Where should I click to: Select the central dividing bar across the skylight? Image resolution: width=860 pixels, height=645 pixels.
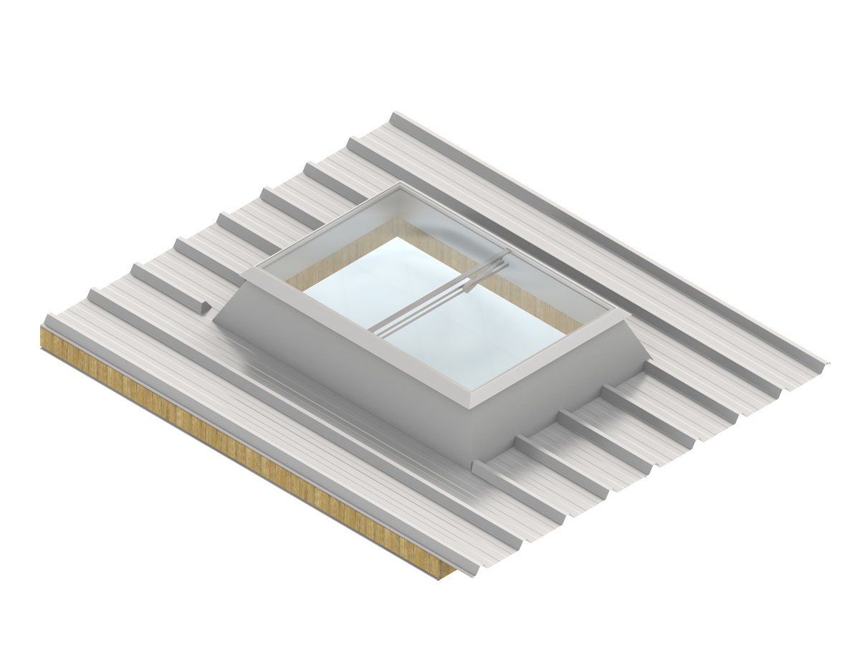430,294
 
